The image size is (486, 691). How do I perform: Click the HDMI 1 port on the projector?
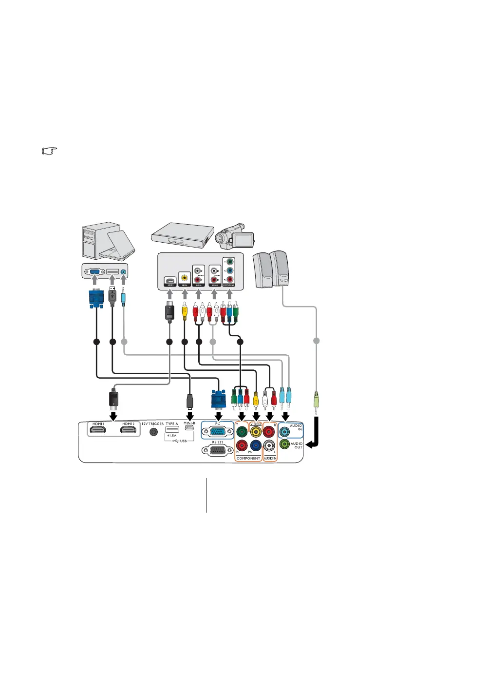tap(98, 431)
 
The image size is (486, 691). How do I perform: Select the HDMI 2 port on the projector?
tap(128, 431)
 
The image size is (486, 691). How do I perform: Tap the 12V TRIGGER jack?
tap(154, 432)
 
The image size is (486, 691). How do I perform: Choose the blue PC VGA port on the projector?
tap(218, 432)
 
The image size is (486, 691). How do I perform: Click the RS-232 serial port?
tap(218, 450)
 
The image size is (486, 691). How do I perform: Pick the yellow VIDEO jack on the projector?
tap(256, 431)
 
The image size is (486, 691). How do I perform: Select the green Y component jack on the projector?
tap(242, 431)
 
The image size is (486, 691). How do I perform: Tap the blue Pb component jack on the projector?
tap(256, 445)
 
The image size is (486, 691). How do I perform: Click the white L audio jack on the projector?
tap(269, 445)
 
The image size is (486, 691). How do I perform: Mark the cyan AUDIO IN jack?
tap(284, 431)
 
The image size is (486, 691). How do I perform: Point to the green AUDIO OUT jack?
tap(284, 444)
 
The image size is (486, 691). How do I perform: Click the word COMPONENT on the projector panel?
tap(248, 458)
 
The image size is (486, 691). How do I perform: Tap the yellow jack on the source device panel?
tap(184, 279)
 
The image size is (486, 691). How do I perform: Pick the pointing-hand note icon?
tap(50, 151)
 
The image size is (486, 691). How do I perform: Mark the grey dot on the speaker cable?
tap(317, 341)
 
